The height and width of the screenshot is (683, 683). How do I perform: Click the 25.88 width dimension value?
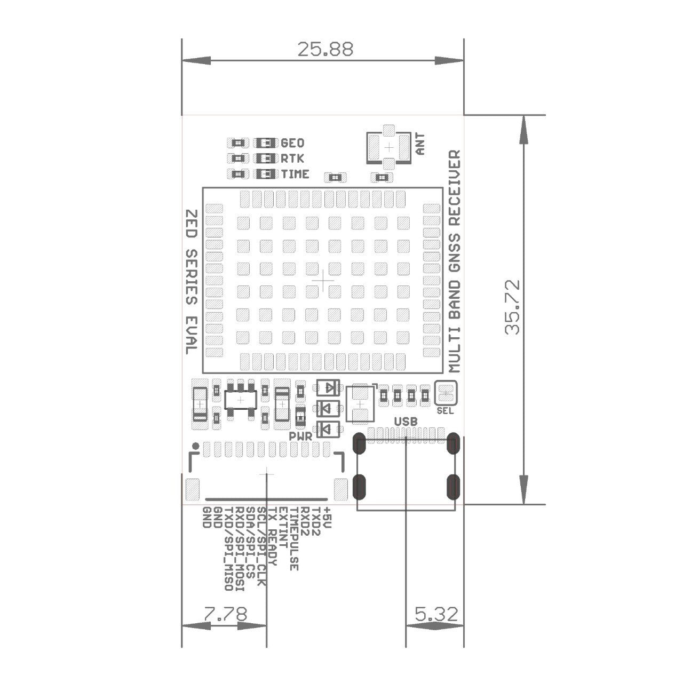tap(325, 50)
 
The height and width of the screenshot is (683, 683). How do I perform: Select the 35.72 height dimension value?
tap(512, 307)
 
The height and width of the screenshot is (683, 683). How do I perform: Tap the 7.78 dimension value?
tap(225, 614)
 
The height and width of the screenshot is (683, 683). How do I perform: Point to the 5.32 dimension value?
tap(436, 614)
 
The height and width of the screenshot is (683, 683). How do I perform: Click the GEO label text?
tap(292, 143)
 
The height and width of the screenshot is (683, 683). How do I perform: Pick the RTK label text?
tap(292, 158)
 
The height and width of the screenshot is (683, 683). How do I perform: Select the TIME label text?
tap(295, 174)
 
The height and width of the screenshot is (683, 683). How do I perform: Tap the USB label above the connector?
tap(405, 422)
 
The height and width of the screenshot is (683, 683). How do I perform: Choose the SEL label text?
tap(445, 411)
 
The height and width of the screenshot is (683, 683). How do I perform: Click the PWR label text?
tap(300, 436)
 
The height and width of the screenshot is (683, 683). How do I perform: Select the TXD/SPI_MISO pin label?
tap(228, 549)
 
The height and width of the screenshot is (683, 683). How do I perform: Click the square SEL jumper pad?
tap(446, 393)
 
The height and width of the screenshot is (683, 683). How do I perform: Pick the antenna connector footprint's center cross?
tap(389, 147)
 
